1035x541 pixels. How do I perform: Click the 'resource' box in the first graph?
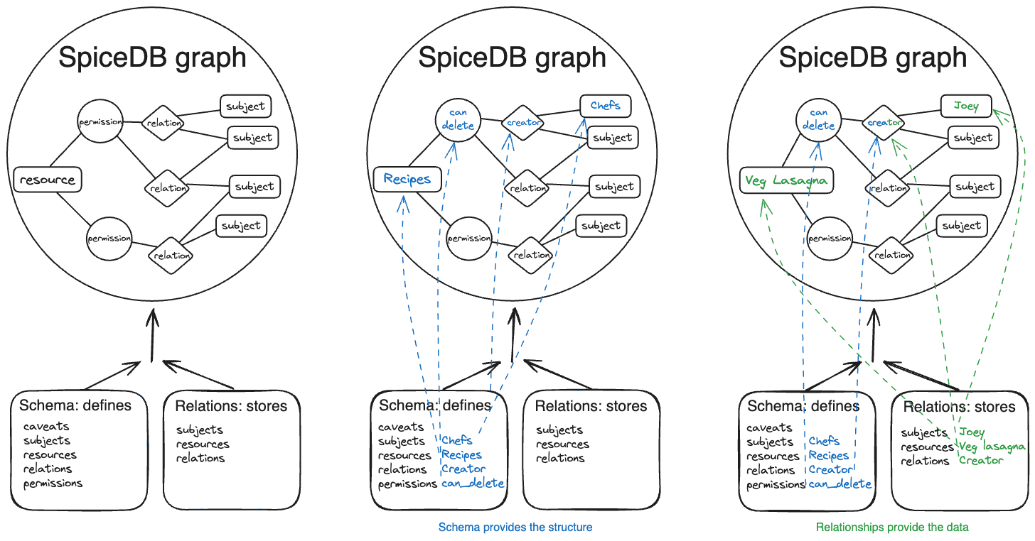[48, 180]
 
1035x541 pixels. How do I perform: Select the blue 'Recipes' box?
[407, 178]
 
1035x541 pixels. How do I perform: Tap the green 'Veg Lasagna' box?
[785, 180]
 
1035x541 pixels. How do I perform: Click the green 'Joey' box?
[966, 106]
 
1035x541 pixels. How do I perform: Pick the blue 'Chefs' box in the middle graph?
[605, 106]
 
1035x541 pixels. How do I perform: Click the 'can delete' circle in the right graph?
[818, 119]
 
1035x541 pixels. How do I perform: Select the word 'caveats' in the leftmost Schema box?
[46, 427]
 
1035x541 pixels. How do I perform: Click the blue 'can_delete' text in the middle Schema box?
[473, 483]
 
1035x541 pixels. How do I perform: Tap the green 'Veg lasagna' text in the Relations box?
[992, 447]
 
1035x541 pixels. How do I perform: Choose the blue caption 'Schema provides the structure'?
[515, 528]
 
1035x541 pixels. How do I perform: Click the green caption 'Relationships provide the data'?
[892, 528]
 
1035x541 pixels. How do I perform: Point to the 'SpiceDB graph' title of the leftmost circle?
[152, 57]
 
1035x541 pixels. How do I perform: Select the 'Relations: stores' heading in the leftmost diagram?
[231, 406]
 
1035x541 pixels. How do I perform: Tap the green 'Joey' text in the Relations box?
[972, 432]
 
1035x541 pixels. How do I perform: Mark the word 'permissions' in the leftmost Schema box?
[53, 483]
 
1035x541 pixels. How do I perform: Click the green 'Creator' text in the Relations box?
[981, 461]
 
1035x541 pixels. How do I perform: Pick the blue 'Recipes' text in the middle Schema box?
[461, 455]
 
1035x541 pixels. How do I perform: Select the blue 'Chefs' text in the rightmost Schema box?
[824, 441]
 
